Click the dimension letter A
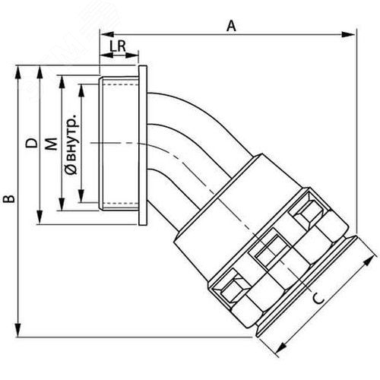[x=231, y=26]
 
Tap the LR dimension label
[x=118, y=46]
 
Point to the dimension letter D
[x=32, y=143]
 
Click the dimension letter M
[x=52, y=144]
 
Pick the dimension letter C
[x=318, y=298]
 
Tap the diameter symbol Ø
[x=71, y=169]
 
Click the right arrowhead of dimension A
[x=348, y=34]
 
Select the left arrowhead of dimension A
[x=107, y=34]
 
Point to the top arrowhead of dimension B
[x=18, y=73]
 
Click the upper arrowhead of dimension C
[x=369, y=260]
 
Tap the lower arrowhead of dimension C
[x=281, y=348]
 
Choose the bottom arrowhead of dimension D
[x=40, y=217]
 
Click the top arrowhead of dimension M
[x=62, y=82]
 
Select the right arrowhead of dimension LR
[x=131, y=55]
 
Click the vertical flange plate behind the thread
[x=143, y=145]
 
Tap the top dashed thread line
[x=121, y=84]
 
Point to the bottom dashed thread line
[x=121, y=203]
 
